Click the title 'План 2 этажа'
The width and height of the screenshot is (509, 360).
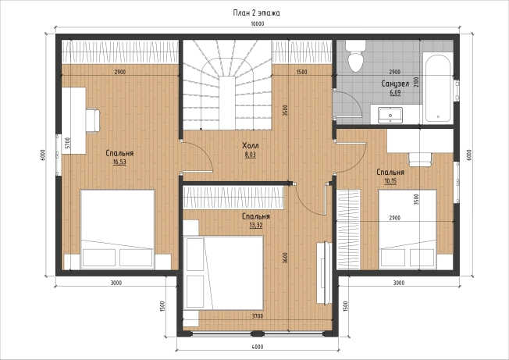tap(256, 13)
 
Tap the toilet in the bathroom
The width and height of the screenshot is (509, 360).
tap(355, 55)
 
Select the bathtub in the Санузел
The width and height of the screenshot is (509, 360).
tap(438, 88)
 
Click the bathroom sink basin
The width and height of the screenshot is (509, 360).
tap(390, 116)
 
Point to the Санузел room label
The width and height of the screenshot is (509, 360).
tap(395, 84)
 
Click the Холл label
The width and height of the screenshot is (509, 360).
tap(251, 145)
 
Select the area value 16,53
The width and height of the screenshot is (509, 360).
tap(119, 162)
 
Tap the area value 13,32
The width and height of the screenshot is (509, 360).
tap(256, 225)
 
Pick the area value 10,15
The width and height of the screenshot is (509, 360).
tap(390, 181)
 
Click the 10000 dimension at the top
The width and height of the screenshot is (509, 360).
tap(258, 23)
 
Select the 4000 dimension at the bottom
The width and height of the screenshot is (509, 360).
tap(258, 347)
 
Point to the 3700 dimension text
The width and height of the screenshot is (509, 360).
tap(258, 315)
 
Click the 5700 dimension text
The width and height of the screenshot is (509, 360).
tap(67, 143)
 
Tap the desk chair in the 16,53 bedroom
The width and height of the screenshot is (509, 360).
tap(93, 121)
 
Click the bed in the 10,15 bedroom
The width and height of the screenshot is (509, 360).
tap(408, 230)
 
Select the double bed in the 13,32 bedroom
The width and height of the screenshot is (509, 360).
tap(223, 273)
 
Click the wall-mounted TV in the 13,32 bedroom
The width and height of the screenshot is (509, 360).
tap(324, 273)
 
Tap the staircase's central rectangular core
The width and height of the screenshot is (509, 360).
tap(227, 103)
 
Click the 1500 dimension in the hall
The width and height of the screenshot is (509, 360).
tap(301, 72)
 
